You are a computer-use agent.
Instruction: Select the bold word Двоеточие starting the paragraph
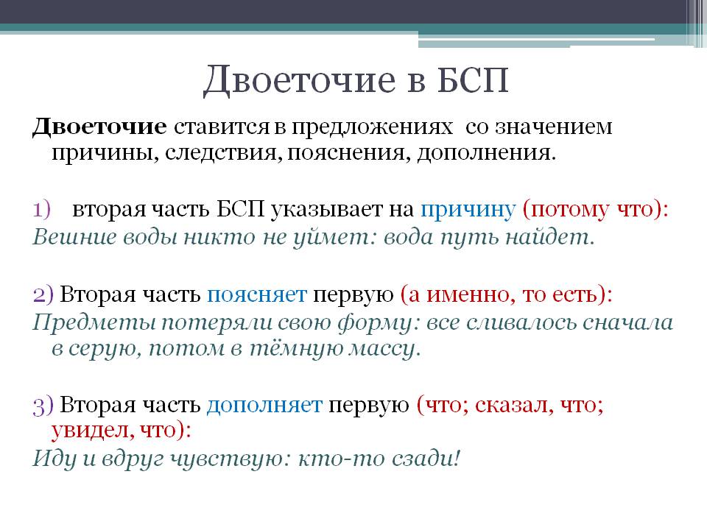coord(99,126)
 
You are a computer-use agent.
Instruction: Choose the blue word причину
coord(467,209)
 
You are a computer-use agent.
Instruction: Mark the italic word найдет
coord(556,237)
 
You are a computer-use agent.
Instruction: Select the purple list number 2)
coord(43,294)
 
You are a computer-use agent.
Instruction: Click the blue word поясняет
coord(256,294)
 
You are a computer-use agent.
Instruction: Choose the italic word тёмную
coord(289,349)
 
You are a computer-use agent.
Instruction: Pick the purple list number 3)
coord(43,404)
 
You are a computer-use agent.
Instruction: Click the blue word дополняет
coord(264,404)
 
